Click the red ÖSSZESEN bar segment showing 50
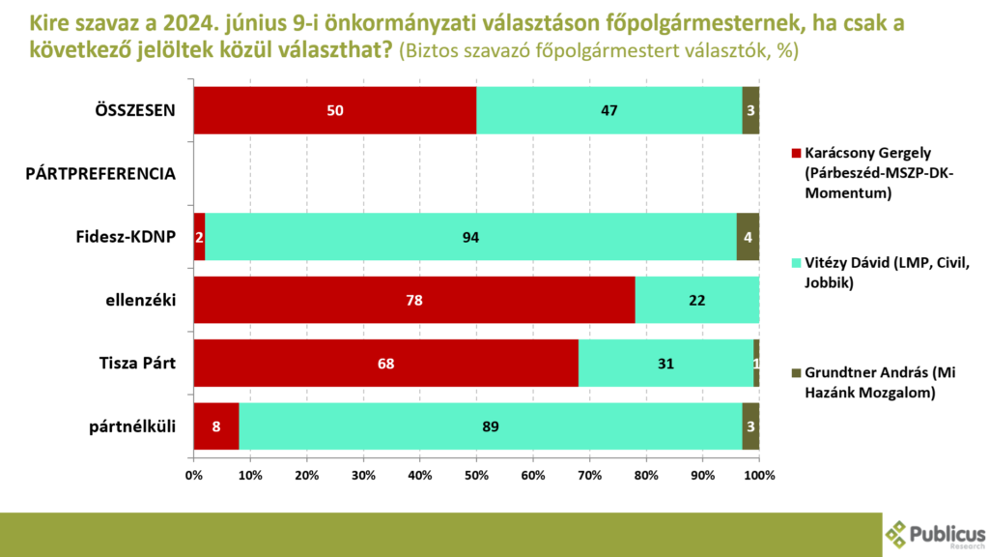click(335, 110)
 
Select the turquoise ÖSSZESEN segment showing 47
click(609, 110)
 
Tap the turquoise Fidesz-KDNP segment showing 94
click(470, 237)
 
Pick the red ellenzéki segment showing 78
click(414, 301)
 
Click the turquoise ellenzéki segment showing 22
click(697, 301)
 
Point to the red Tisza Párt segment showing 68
click(385, 364)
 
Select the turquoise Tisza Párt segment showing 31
click(665, 364)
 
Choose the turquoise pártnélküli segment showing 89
click(491, 426)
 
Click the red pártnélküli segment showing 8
click(216, 426)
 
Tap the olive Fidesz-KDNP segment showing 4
click(748, 237)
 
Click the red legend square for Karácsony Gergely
click(796, 154)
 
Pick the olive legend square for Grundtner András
click(796, 372)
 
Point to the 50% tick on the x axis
click(477, 474)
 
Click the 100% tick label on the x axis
click(759, 474)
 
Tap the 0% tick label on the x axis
click(193, 474)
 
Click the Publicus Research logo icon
click(897, 534)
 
